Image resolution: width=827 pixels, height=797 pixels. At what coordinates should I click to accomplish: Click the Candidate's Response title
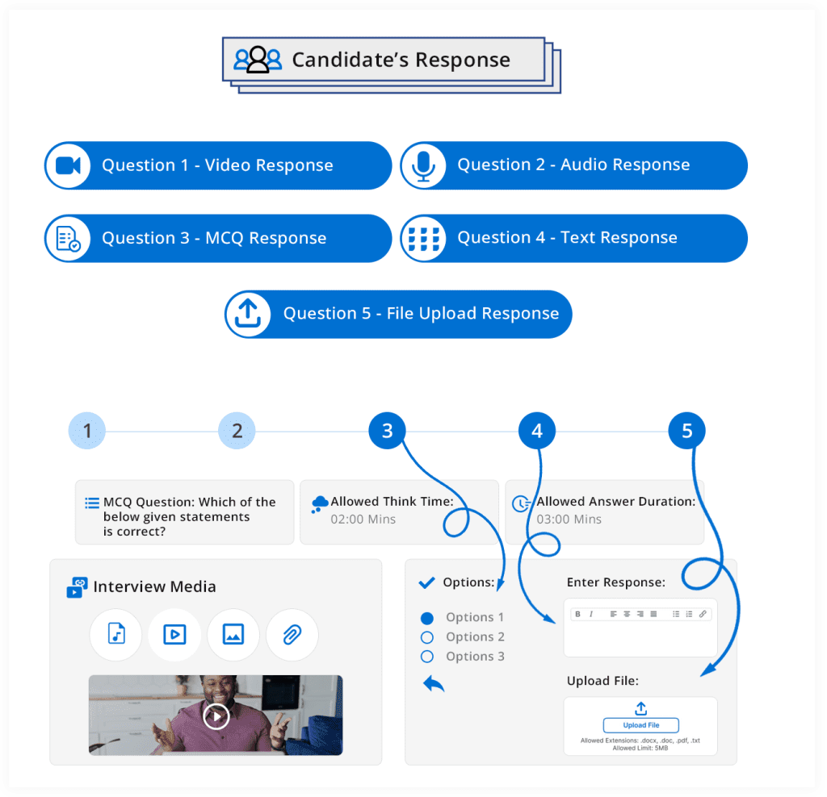[x=401, y=60]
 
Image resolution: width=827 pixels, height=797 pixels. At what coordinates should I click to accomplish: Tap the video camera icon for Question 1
[x=68, y=165]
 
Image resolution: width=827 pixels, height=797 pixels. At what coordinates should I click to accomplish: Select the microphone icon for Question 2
[x=424, y=165]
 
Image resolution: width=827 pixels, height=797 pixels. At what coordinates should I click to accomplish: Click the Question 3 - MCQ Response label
[x=214, y=238]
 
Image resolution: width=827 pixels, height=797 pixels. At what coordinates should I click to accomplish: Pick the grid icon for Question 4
[x=424, y=238]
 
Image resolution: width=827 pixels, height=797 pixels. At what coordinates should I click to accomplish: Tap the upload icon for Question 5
[x=248, y=314]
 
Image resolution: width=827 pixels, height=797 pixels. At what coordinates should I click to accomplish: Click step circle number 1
[x=87, y=431]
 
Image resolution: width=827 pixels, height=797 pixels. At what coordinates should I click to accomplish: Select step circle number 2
[x=237, y=431]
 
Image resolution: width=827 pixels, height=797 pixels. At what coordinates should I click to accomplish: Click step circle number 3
[x=387, y=431]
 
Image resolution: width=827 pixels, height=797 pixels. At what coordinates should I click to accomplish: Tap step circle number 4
[x=537, y=431]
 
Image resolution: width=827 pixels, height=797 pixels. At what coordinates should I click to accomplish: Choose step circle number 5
[x=686, y=431]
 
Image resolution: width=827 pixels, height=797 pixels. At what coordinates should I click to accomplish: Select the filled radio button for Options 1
[x=427, y=618]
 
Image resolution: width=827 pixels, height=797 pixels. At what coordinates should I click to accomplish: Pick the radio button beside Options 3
[x=427, y=657]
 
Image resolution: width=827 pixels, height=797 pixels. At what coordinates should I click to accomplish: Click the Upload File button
[x=640, y=725]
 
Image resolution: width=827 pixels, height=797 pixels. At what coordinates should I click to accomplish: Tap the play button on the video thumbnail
[x=216, y=716]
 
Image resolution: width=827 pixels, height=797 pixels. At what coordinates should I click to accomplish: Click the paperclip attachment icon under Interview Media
[x=292, y=635]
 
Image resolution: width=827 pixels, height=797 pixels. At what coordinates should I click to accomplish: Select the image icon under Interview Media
[x=233, y=635]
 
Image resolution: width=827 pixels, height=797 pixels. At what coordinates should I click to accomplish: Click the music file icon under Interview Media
[x=116, y=635]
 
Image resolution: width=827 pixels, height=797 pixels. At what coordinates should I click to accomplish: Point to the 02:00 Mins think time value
[x=363, y=519]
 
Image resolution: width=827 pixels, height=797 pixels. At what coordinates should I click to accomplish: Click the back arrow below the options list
[x=434, y=684]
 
